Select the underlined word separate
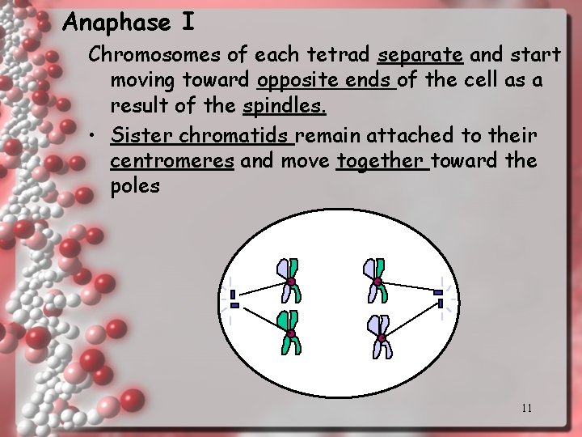click(x=420, y=56)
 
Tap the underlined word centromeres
click(x=172, y=160)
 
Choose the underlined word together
click(x=381, y=160)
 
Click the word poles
click(x=135, y=187)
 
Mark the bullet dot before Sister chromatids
click(x=95, y=134)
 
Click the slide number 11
click(x=526, y=408)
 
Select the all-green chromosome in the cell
click(x=290, y=333)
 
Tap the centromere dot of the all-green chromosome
click(x=289, y=333)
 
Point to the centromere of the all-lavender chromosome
click(x=381, y=337)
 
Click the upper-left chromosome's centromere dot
click(x=290, y=282)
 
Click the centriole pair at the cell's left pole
click(x=234, y=299)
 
